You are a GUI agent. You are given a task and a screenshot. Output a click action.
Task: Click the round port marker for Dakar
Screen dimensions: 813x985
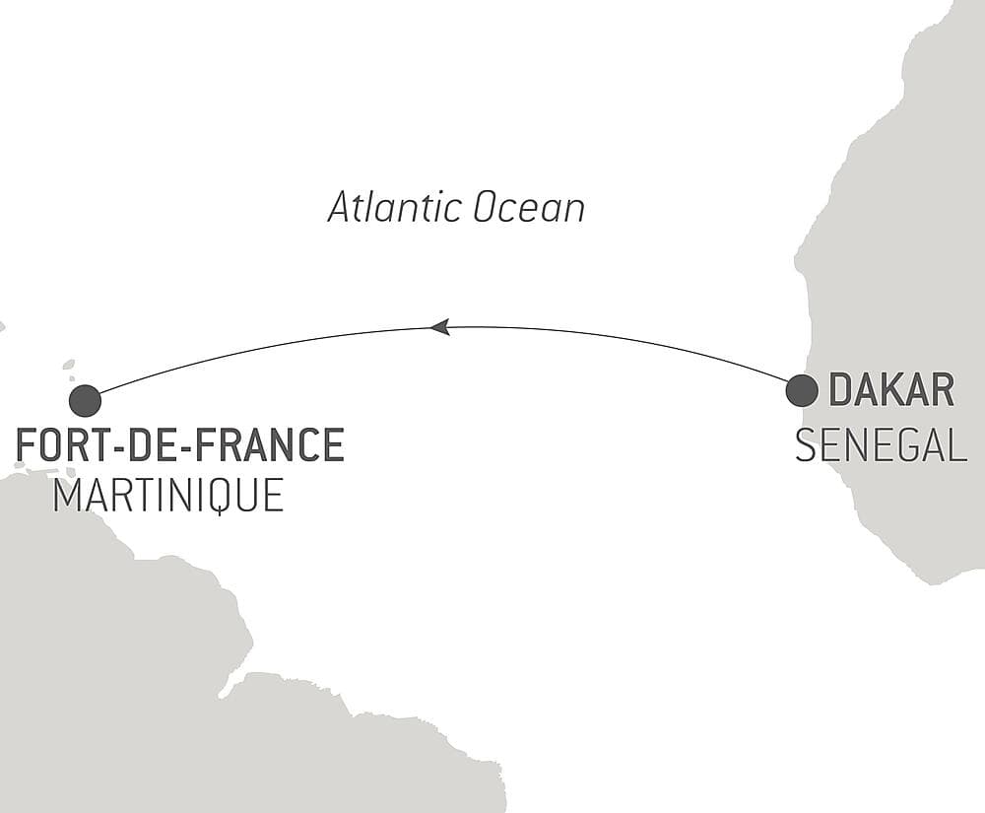[802, 390]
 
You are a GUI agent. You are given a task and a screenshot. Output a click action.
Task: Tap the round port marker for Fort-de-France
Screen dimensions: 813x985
[86, 401]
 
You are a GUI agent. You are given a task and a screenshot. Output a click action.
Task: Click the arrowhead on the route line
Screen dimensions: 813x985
[440, 326]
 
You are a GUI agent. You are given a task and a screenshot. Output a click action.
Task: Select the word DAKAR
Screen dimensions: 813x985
[891, 391]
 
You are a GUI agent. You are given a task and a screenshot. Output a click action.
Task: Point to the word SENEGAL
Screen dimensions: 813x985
[881, 446]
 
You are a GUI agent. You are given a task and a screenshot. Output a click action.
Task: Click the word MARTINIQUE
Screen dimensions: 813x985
[168, 495]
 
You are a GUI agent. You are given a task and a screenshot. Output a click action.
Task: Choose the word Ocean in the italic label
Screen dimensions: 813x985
[529, 208]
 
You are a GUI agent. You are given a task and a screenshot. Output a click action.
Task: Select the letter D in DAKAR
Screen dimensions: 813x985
[840, 391]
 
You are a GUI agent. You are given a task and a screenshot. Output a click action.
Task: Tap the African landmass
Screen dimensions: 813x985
[906, 246]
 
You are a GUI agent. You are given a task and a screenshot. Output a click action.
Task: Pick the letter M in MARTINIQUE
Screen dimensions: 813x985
[66, 495]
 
